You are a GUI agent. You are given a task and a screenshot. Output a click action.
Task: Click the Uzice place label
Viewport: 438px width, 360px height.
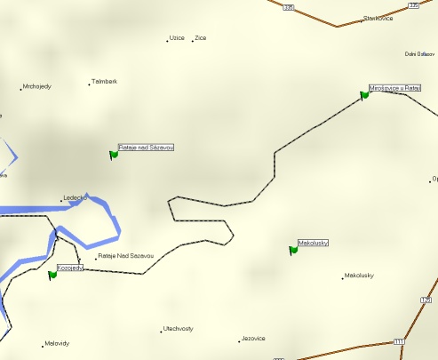[x=177, y=38]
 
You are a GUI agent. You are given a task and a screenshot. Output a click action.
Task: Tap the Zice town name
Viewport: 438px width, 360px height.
[x=201, y=38]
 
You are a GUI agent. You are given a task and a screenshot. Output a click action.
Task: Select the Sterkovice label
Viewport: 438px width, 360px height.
[x=378, y=18]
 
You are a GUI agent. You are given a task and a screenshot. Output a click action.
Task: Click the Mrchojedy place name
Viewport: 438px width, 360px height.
[x=37, y=86]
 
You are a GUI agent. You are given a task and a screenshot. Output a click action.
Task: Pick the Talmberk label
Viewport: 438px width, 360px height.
[x=105, y=82]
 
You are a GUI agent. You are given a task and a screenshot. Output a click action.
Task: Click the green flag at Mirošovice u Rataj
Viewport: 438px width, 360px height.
[x=364, y=94]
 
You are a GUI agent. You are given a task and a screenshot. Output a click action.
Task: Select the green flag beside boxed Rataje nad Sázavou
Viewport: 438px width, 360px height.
[x=114, y=154]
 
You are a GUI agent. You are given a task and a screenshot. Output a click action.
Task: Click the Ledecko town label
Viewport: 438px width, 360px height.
[x=75, y=198]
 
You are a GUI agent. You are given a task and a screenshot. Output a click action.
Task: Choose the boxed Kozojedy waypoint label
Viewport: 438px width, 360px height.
[x=70, y=268]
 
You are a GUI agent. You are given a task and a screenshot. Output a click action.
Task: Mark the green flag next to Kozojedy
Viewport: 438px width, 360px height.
[x=52, y=275]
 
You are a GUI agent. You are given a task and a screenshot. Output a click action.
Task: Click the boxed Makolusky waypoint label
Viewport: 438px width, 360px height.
[x=314, y=243]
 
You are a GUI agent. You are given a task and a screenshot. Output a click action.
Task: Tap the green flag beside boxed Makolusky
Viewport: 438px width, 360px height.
[x=293, y=250]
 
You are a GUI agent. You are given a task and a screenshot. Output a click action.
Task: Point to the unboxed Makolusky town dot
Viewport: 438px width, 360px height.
[x=343, y=277]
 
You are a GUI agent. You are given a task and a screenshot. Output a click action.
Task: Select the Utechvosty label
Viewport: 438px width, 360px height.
[x=179, y=329]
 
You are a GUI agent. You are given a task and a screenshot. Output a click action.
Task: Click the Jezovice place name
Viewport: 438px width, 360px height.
[x=254, y=339]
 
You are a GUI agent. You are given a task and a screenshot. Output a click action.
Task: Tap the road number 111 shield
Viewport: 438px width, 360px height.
[x=399, y=342]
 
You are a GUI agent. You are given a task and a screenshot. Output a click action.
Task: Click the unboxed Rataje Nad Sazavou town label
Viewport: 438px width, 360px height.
[x=126, y=256]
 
